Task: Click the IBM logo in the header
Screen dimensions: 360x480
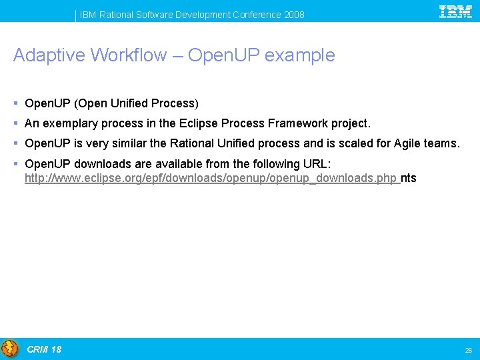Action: (x=456, y=11)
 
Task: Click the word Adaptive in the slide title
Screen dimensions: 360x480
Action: (x=49, y=55)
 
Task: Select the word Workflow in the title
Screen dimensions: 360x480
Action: (x=129, y=55)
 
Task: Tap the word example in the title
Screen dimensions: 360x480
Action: (x=299, y=56)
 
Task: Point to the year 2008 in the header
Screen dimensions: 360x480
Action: (x=293, y=15)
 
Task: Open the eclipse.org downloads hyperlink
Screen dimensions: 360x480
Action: (x=211, y=178)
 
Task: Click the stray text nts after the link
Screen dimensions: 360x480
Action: (x=409, y=178)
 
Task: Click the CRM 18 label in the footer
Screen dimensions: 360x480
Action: (x=44, y=349)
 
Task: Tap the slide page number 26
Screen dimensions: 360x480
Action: (x=468, y=350)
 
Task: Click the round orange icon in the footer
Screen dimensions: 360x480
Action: (x=10, y=349)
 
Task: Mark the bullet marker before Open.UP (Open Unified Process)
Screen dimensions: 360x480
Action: (x=15, y=103)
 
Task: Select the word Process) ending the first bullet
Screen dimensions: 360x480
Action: (x=175, y=103)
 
